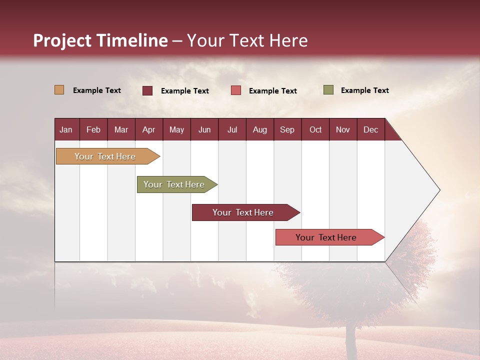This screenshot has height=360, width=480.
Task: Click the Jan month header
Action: click(66, 129)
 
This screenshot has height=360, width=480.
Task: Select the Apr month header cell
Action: click(149, 129)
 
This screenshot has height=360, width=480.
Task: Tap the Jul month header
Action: click(232, 129)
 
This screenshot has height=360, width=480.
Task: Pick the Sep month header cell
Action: click(287, 129)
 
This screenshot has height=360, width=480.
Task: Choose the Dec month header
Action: click(370, 129)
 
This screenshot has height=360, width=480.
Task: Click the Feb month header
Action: click(93, 129)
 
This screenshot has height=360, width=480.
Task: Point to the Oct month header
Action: click(315, 129)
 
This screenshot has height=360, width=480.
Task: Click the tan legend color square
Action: click(59, 90)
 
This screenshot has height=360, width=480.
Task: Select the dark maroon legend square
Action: click(147, 90)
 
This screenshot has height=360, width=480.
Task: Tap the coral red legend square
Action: click(236, 90)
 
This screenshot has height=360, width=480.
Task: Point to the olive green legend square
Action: click(328, 90)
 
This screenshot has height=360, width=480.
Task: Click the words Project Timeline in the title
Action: click(100, 40)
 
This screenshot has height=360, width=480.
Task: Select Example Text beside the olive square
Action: click(364, 90)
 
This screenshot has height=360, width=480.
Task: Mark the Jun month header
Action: click(204, 129)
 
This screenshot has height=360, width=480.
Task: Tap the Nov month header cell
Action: click(343, 129)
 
